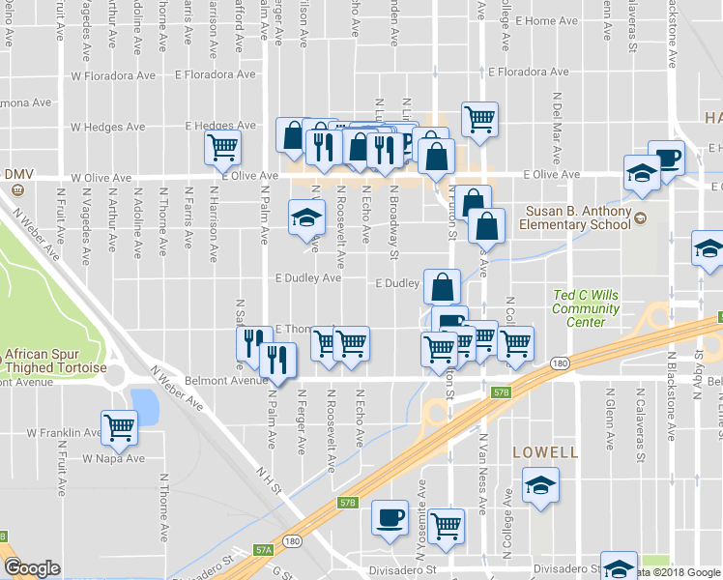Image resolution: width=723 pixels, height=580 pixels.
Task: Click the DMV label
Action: tap(19, 174)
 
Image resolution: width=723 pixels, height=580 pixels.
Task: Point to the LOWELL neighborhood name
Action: tap(545, 452)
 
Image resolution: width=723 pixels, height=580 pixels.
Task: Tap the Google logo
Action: tap(31, 567)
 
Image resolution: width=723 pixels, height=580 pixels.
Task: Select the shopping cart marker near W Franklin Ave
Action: tap(119, 425)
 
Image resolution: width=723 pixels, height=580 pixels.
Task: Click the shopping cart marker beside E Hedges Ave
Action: tap(222, 147)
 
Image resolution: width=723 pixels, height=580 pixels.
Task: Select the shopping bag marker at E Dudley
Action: tap(442, 285)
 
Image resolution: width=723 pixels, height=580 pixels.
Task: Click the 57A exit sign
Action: tap(265, 549)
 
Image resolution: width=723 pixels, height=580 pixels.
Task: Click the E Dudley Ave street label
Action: tap(308, 278)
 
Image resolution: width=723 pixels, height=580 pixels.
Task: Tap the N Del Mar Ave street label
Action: tap(557, 113)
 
